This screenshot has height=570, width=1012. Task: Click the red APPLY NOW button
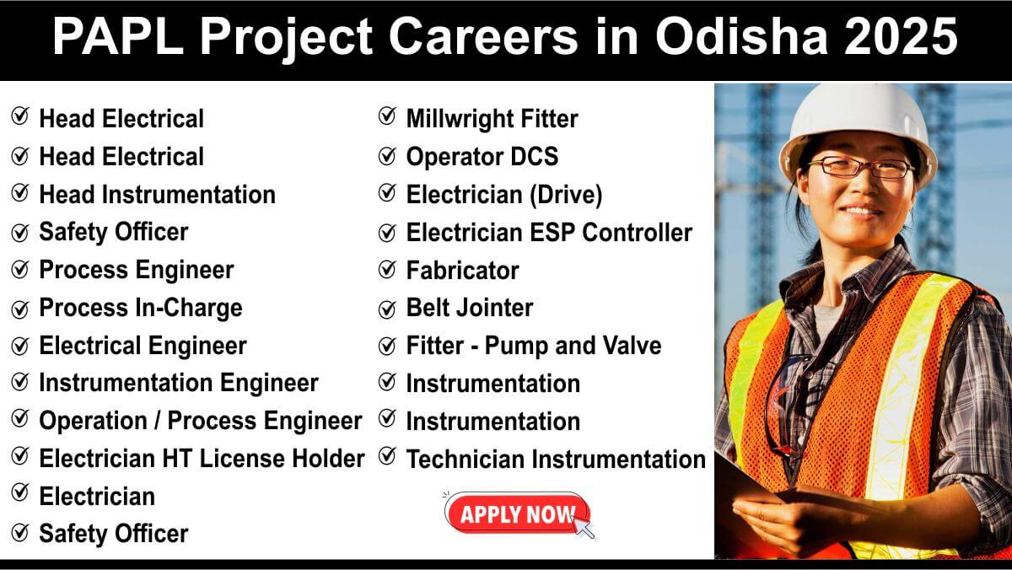pyautogui.click(x=517, y=514)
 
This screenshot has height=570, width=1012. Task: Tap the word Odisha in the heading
pyautogui.click(x=741, y=36)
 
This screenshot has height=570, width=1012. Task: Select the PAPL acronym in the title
pyautogui.click(x=117, y=36)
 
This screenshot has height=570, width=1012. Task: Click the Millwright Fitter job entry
pyautogui.click(x=492, y=119)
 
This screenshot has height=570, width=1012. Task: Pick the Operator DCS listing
pyautogui.click(x=482, y=157)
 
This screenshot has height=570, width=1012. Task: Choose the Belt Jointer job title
pyautogui.click(x=470, y=308)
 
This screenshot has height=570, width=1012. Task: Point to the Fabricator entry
pyautogui.click(x=462, y=270)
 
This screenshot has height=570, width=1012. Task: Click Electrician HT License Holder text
pyautogui.click(x=202, y=459)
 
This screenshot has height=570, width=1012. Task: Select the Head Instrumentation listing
pyautogui.click(x=157, y=195)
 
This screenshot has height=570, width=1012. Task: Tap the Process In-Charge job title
pyautogui.click(x=141, y=308)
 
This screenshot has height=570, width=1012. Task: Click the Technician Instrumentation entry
pyautogui.click(x=556, y=459)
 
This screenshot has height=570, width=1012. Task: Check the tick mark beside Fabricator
pyautogui.click(x=387, y=270)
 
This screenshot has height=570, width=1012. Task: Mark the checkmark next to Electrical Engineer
pyautogui.click(x=20, y=346)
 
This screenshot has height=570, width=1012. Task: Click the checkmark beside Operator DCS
pyautogui.click(x=387, y=156)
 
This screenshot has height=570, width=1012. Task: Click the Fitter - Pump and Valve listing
pyautogui.click(x=534, y=346)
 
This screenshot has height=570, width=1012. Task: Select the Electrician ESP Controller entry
pyautogui.click(x=549, y=233)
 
